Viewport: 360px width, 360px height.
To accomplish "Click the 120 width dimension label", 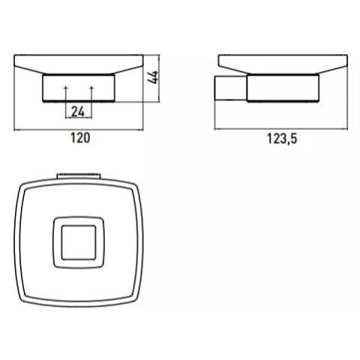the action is click(x=80, y=138).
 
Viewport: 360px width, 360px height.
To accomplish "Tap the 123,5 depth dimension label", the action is click(x=282, y=139).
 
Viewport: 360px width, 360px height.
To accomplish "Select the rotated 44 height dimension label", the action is click(x=152, y=77).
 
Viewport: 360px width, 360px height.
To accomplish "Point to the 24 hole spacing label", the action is click(x=78, y=112).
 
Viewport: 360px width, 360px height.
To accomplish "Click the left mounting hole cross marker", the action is click(x=66, y=88).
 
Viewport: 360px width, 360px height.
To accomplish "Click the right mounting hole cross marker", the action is click(x=91, y=88).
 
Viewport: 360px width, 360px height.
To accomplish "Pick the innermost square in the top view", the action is click(x=79, y=242).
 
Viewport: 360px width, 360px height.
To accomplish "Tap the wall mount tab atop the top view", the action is click(x=79, y=175).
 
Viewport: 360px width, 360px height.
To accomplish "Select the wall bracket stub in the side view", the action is click(x=231, y=88).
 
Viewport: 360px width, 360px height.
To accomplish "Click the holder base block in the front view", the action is click(x=79, y=88).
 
